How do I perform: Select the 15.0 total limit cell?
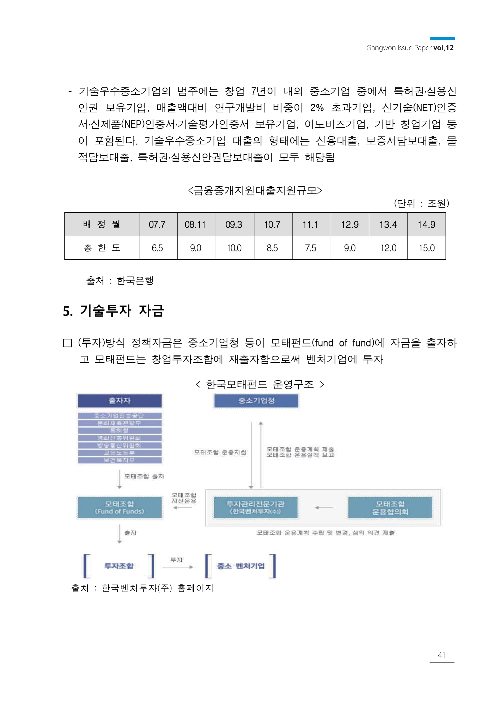point(427,248)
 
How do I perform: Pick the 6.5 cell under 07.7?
point(157,248)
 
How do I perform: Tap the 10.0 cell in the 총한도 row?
point(234,248)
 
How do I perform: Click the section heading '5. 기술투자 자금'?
point(113,311)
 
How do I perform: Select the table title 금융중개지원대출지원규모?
point(255,190)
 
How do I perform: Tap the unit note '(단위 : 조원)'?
point(421,203)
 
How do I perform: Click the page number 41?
point(441,655)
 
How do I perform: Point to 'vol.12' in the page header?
point(443,48)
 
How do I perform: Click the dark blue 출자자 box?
point(120,401)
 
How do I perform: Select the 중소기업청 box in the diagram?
point(256,401)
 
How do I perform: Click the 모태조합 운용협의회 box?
point(390,507)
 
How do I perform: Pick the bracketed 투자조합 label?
point(119,566)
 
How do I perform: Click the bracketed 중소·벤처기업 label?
point(241,566)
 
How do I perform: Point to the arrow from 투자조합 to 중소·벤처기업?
point(178,567)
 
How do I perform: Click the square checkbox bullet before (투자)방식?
point(68,343)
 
